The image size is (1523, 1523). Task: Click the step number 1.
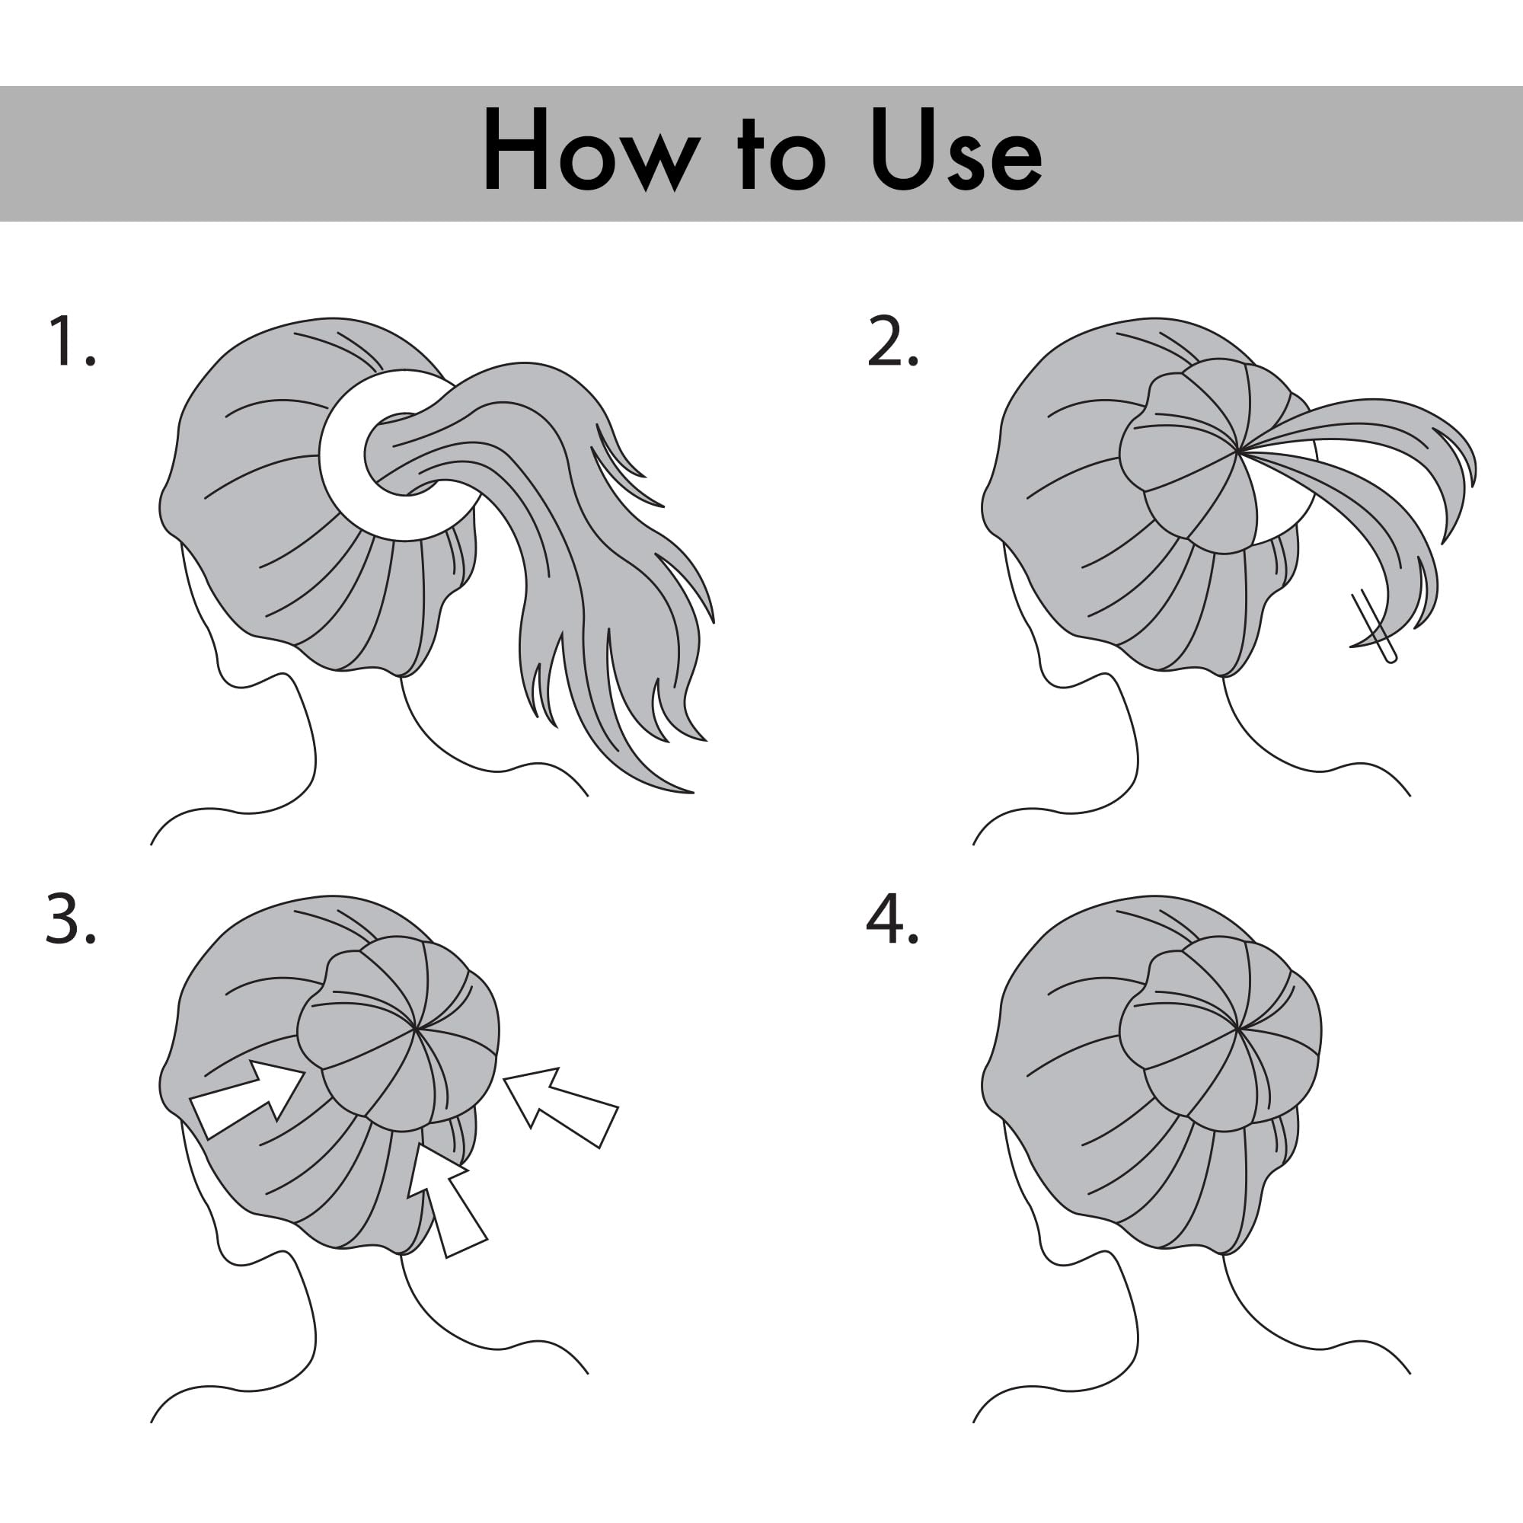[71, 340]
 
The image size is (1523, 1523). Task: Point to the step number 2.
[893, 340]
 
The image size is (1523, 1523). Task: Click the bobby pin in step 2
[1373, 627]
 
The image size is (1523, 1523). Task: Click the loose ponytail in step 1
[552, 552]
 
